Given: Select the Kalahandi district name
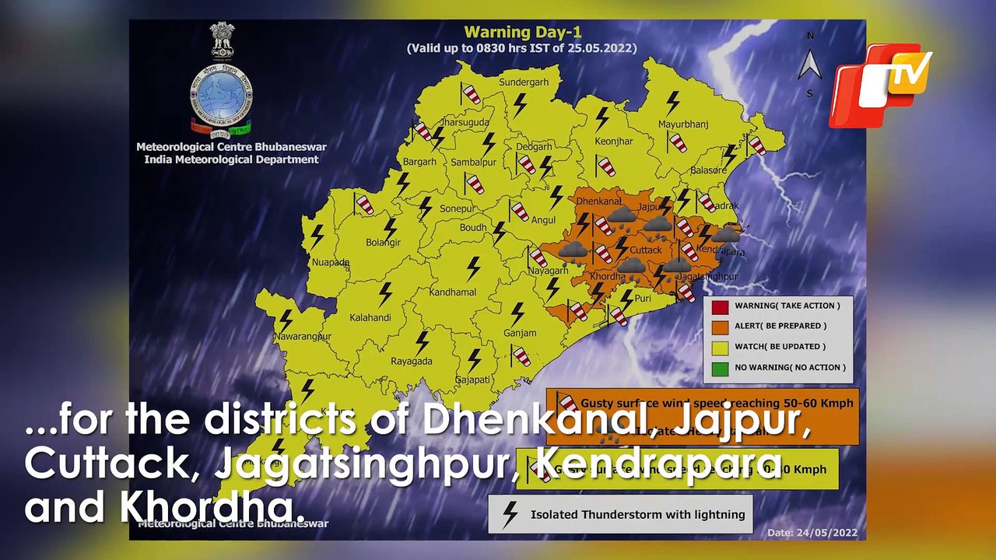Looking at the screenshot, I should [370, 318].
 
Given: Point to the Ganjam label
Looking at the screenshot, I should [520, 334].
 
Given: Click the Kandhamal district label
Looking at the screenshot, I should [454, 292].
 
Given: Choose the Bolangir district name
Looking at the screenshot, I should [383, 243].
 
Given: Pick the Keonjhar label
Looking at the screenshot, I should [614, 142].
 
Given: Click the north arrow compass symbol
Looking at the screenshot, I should [810, 64].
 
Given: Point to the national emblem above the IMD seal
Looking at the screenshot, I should [222, 43].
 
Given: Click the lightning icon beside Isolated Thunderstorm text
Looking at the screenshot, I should [510, 514].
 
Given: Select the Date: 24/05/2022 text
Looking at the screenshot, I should [812, 533].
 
